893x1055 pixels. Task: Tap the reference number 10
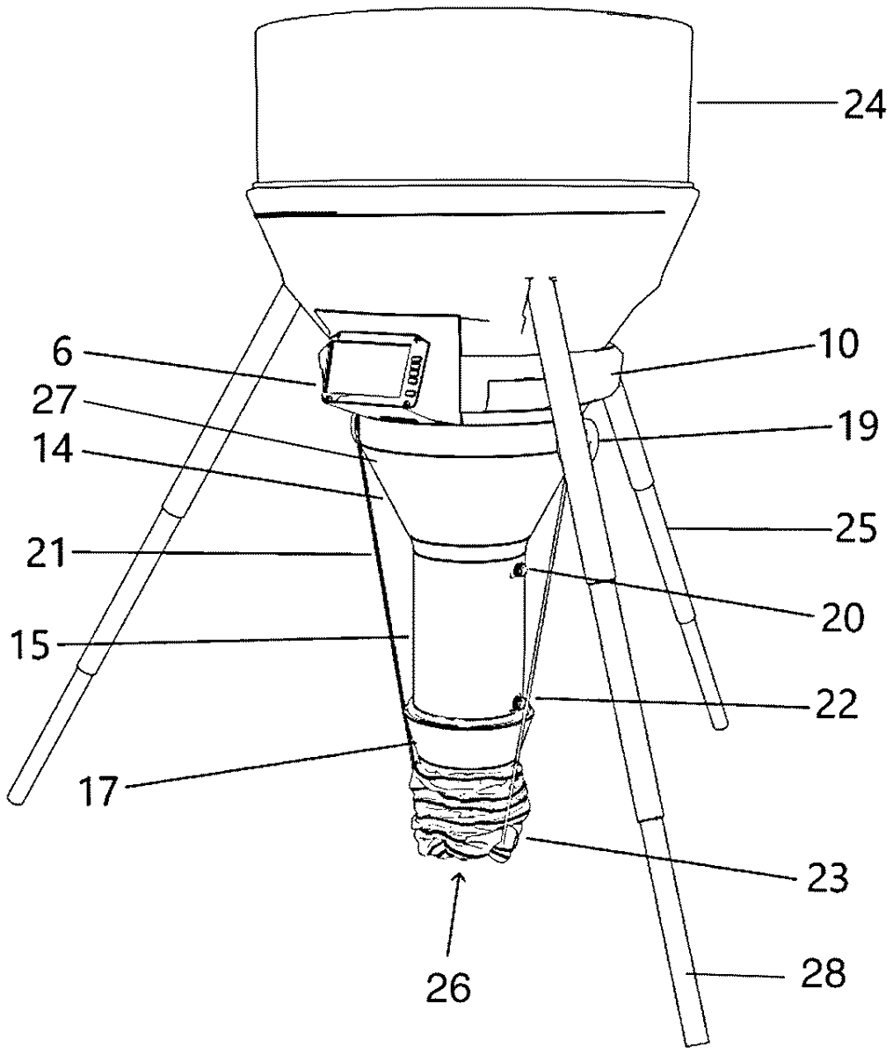tap(838, 345)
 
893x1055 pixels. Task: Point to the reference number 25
tap(856, 528)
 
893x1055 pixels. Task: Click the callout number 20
tap(843, 618)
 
